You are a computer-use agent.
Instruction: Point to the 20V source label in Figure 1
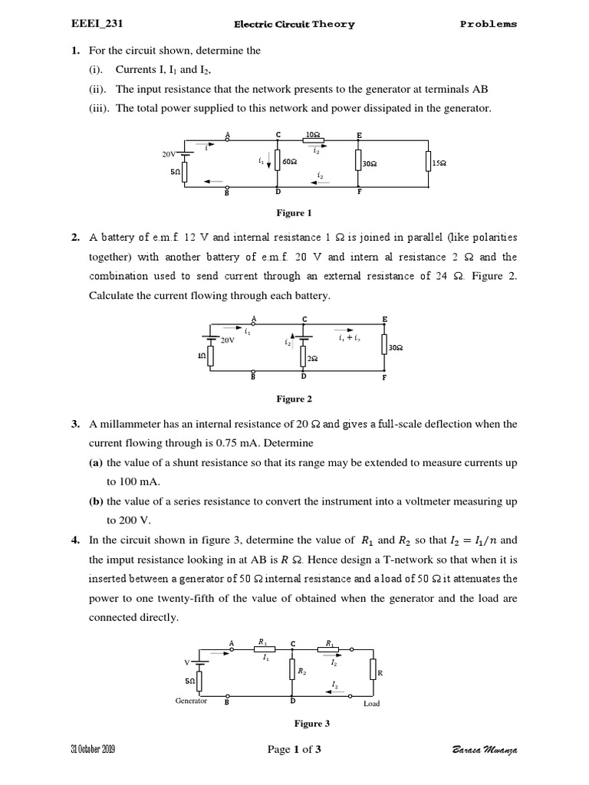click(168, 154)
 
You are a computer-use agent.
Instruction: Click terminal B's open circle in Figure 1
click(227, 187)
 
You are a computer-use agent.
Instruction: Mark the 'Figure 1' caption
click(294, 212)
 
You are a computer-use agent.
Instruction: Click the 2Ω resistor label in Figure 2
click(312, 359)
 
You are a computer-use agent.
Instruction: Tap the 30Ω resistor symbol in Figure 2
click(384, 347)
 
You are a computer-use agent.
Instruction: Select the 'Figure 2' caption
click(294, 399)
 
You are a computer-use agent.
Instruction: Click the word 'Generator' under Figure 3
click(191, 701)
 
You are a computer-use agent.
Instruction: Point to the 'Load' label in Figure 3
click(371, 703)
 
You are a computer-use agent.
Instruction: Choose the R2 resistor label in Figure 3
click(301, 670)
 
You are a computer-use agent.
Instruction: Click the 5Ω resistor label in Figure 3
click(189, 680)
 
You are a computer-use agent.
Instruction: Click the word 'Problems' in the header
click(489, 24)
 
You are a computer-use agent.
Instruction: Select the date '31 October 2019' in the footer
click(93, 749)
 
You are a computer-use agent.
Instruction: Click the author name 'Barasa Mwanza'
click(485, 750)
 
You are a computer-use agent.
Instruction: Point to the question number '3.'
click(76, 423)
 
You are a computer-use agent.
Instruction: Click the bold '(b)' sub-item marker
click(97, 501)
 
